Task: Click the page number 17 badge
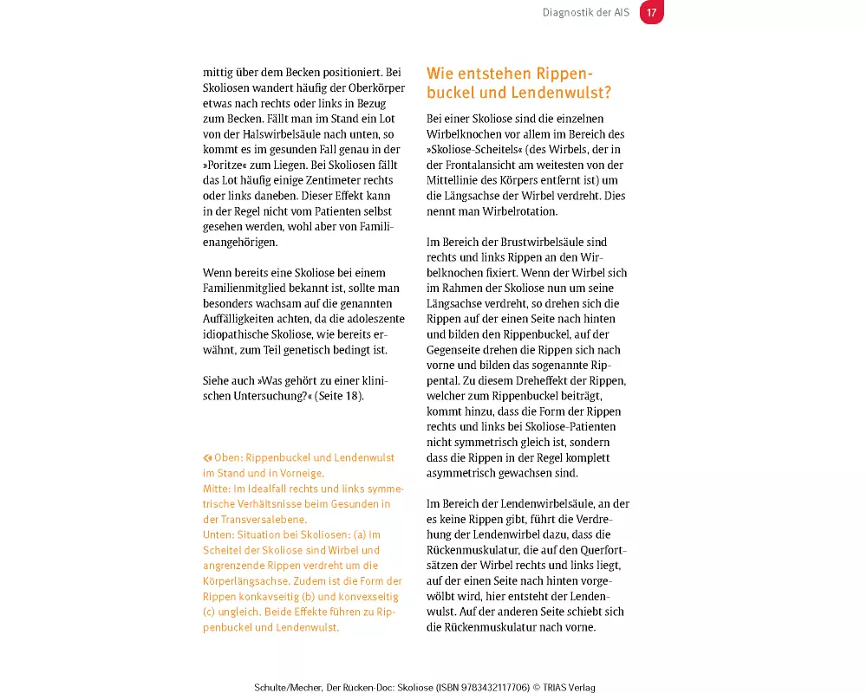(x=651, y=12)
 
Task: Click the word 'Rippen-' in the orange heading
(x=565, y=74)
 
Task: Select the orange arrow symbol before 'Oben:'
(x=207, y=457)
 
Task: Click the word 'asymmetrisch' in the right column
(x=464, y=473)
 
